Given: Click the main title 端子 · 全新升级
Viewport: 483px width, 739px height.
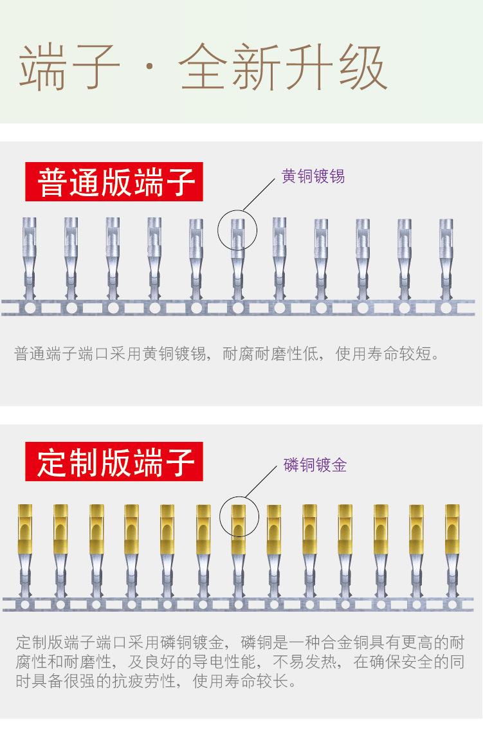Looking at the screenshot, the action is [203, 68].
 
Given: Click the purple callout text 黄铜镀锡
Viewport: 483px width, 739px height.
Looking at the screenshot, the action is [313, 176].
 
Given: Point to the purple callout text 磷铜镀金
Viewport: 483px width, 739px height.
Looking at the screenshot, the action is [315, 464].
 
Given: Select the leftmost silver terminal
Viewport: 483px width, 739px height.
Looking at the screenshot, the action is [30, 257].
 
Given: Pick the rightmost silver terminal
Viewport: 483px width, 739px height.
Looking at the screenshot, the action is [446, 257].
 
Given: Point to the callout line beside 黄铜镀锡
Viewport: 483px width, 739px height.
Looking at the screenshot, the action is [260, 194].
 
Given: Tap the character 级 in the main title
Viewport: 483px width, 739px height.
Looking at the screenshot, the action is [361, 68].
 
